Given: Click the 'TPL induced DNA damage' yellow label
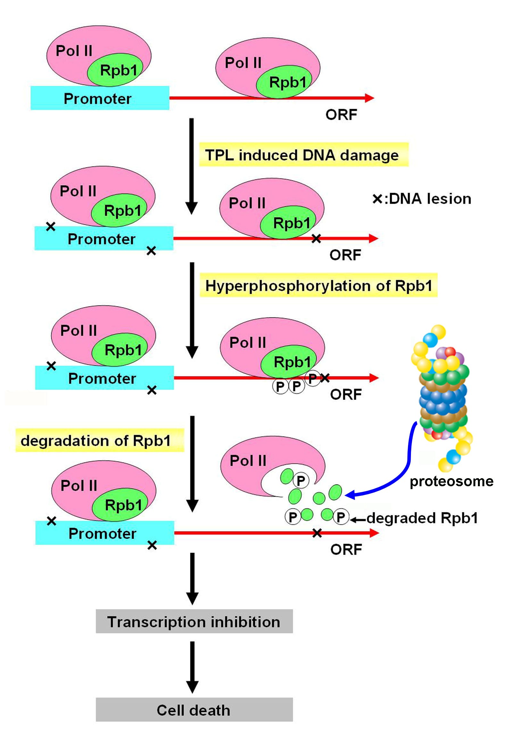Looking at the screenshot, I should tap(304, 155).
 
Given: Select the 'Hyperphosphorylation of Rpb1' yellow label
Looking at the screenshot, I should tap(318, 285).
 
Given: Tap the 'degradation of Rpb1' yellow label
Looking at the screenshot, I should tap(99, 440).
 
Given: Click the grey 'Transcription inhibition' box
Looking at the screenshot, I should tap(194, 622).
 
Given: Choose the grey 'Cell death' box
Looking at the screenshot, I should tap(194, 710).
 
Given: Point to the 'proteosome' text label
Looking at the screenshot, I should tap(451, 481).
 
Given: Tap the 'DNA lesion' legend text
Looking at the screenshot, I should tap(430, 199).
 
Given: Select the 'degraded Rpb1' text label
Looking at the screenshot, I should tap(422, 518).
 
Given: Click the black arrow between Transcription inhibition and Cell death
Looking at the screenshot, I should tap(192, 666).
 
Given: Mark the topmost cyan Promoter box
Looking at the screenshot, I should tap(100, 98).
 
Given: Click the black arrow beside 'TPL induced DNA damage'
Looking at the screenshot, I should tap(191, 165).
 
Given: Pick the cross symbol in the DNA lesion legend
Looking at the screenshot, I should tap(377, 199).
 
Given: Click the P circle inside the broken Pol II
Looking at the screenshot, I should tap(301, 481).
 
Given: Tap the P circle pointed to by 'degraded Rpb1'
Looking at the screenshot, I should tap(341, 517).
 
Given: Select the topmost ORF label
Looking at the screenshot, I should tap(341, 114).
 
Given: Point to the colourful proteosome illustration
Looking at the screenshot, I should tap(443, 395).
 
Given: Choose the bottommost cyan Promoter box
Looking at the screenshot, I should tap(104, 533).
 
